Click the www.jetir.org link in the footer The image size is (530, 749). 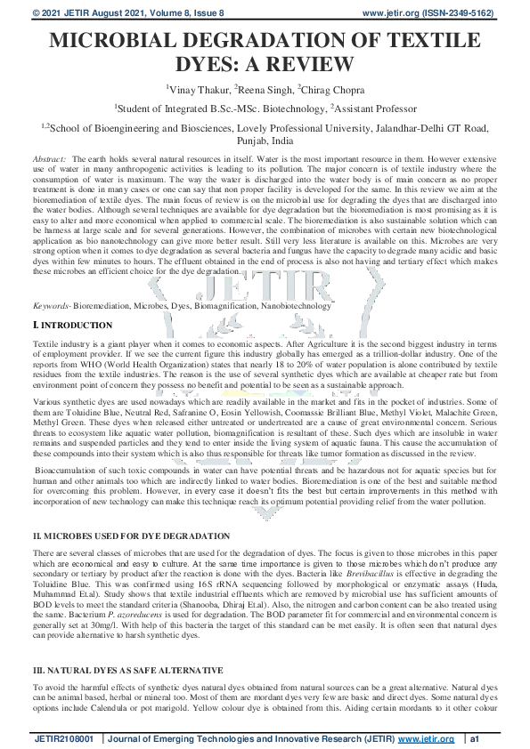(426, 737)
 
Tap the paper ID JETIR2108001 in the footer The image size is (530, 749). (66, 737)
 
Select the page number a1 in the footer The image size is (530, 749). (477, 737)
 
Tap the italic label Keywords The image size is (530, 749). (51, 305)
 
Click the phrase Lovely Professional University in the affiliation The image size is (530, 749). (295, 128)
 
